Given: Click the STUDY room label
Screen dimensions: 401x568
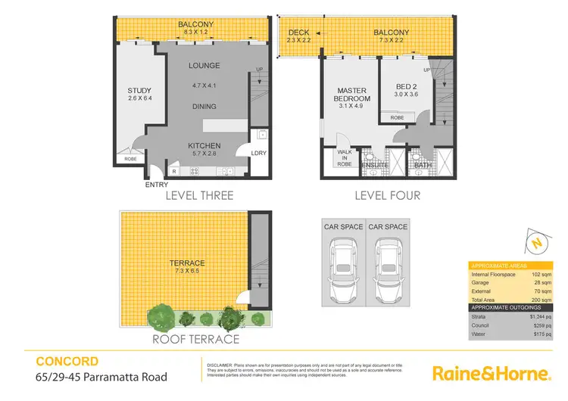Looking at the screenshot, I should [140, 92].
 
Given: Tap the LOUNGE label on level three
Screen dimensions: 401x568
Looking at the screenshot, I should [204, 66].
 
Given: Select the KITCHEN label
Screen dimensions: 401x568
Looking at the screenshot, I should [204, 145].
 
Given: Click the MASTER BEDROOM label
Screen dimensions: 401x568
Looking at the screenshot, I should [352, 95].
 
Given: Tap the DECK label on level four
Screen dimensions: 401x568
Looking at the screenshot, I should [298, 32].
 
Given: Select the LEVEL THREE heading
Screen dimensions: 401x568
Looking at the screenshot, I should [199, 195].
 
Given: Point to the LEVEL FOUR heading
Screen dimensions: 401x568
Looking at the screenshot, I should [387, 195].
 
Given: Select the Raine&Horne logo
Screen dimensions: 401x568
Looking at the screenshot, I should [490, 372].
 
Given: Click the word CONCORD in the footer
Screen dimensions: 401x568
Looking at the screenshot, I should [57, 362].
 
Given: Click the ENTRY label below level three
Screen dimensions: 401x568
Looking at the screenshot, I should [157, 184].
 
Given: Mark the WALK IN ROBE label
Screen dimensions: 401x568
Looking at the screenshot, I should [345, 157].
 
